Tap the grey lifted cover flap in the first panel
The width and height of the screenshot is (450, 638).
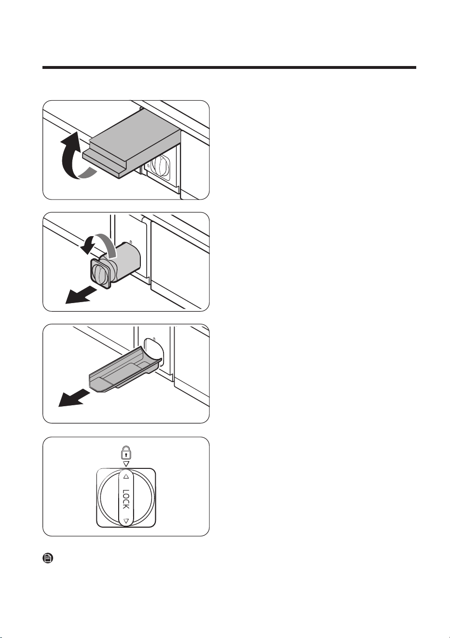(132, 143)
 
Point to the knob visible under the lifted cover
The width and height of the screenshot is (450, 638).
(160, 167)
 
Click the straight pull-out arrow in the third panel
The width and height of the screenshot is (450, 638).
(74, 398)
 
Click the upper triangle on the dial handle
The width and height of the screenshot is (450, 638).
(126, 476)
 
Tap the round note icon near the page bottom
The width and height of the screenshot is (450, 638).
(48, 558)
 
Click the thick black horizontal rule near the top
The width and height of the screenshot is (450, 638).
(229, 67)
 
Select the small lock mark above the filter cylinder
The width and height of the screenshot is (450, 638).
(131, 242)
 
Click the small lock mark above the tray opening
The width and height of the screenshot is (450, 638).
(154, 339)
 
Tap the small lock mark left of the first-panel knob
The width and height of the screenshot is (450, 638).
(148, 165)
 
